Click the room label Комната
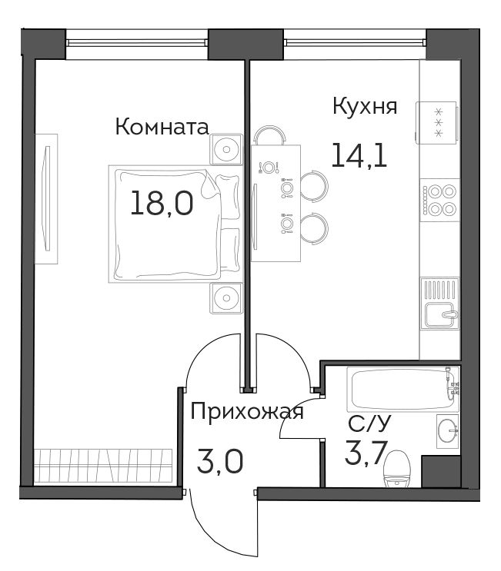(162, 127)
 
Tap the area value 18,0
(162, 203)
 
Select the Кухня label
(365, 107)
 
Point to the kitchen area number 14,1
(359, 154)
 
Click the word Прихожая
(247, 412)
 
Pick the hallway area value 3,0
(219, 461)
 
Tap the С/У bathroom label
(369, 423)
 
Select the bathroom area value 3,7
(366, 453)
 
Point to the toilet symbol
(397, 469)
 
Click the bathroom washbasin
(448, 431)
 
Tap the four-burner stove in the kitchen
(439, 201)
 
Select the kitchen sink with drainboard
(439, 304)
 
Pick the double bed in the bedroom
(175, 224)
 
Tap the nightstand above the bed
(226, 149)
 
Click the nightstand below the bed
(226, 298)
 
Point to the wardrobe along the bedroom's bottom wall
(103, 466)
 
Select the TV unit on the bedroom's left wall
(46, 199)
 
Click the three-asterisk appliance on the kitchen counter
(436, 123)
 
